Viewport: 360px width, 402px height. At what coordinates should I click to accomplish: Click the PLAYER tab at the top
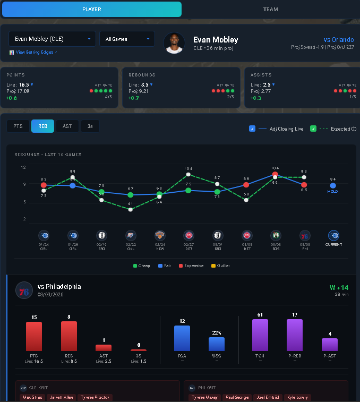[91, 10]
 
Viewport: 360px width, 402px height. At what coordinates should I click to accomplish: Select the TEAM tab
[270, 10]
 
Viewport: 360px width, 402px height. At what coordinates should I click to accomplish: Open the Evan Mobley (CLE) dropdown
[52, 39]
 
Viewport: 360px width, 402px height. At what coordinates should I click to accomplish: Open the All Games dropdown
[127, 39]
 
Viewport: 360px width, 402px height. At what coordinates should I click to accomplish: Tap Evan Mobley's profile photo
[174, 43]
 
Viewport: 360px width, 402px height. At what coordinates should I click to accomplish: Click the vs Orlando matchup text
[338, 40]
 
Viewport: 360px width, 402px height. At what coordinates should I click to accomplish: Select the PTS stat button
[18, 126]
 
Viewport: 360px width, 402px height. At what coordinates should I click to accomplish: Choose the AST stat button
[67, 126]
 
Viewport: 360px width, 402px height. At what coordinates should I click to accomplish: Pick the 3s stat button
[90, 126]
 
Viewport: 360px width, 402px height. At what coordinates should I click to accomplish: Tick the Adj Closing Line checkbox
[252, 129]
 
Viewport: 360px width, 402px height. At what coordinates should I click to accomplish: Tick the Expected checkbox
[313, 129]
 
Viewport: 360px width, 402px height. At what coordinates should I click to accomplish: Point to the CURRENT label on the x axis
[333, 245]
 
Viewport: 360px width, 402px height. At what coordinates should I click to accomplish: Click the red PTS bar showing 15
[34, 336]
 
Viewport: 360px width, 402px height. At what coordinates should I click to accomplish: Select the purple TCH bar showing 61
[260, 335]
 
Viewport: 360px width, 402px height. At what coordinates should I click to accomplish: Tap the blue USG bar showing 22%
[217, 344]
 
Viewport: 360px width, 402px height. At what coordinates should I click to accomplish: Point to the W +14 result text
[339, 287]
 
